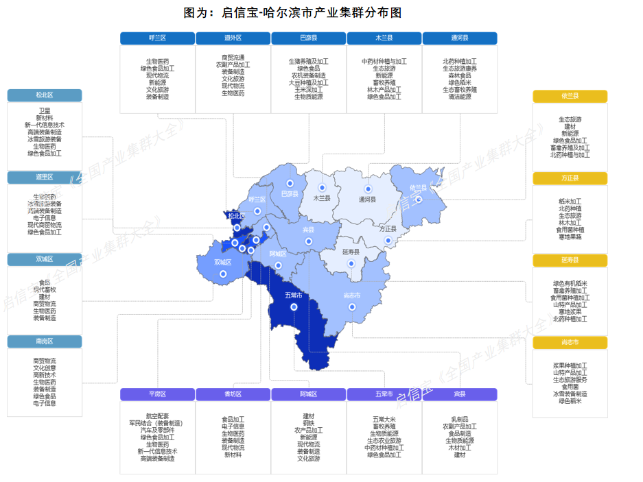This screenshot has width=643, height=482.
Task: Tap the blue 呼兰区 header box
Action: click(157, 38)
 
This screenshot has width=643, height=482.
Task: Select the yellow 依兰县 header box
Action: click(570, 97)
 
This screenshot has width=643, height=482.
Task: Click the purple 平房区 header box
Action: click(157, 394)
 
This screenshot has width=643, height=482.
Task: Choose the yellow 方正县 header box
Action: click(570, 178)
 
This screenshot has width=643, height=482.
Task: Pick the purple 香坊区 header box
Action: click(233, 394)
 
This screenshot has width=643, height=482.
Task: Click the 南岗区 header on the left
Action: click(45, 341)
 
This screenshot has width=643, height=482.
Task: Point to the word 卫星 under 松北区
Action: click(45, 110)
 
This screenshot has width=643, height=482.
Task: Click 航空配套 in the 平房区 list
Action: click(157, 416)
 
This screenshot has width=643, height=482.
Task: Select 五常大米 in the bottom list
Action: click(384, 419)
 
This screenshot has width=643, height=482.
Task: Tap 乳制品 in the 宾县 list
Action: click(459, 419)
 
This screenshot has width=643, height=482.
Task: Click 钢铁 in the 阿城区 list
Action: click(308, 423)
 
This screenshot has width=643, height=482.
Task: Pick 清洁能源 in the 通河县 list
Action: click(459, 97)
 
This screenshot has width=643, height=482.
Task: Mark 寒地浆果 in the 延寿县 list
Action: click(570, 311)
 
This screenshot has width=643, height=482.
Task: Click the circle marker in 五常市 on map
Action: click(294, 307)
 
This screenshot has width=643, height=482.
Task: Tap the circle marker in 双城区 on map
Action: click(222, 274)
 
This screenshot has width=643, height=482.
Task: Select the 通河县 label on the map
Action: click(367, 200)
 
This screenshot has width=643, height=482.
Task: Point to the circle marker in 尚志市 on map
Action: click(351, 307)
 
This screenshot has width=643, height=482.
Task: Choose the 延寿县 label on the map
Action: click(351, 252)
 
